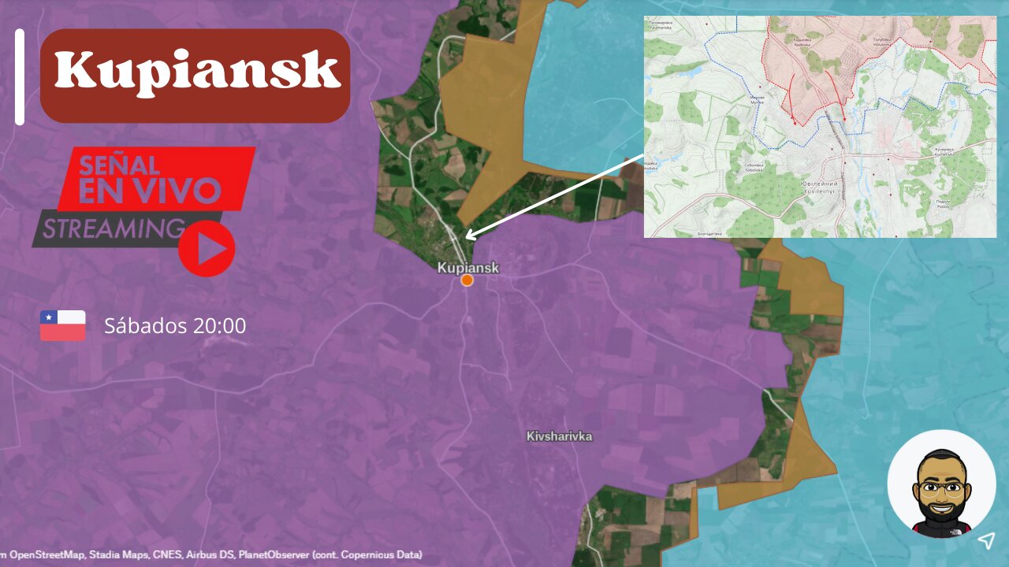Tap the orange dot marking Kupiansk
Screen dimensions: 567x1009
467,280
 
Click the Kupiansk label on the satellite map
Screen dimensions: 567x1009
468,268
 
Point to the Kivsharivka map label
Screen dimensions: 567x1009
559,436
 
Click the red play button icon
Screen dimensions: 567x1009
207,249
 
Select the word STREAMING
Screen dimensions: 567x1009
114,229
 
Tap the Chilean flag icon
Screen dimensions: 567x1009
63,325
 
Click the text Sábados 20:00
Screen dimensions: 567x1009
175,325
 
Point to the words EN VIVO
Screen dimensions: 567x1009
150,191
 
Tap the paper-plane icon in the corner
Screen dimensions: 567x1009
986,540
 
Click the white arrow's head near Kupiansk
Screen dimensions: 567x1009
467,235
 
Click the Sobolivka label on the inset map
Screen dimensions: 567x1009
756,167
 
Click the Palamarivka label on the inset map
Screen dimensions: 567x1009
661,26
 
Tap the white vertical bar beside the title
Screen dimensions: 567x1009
20,76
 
